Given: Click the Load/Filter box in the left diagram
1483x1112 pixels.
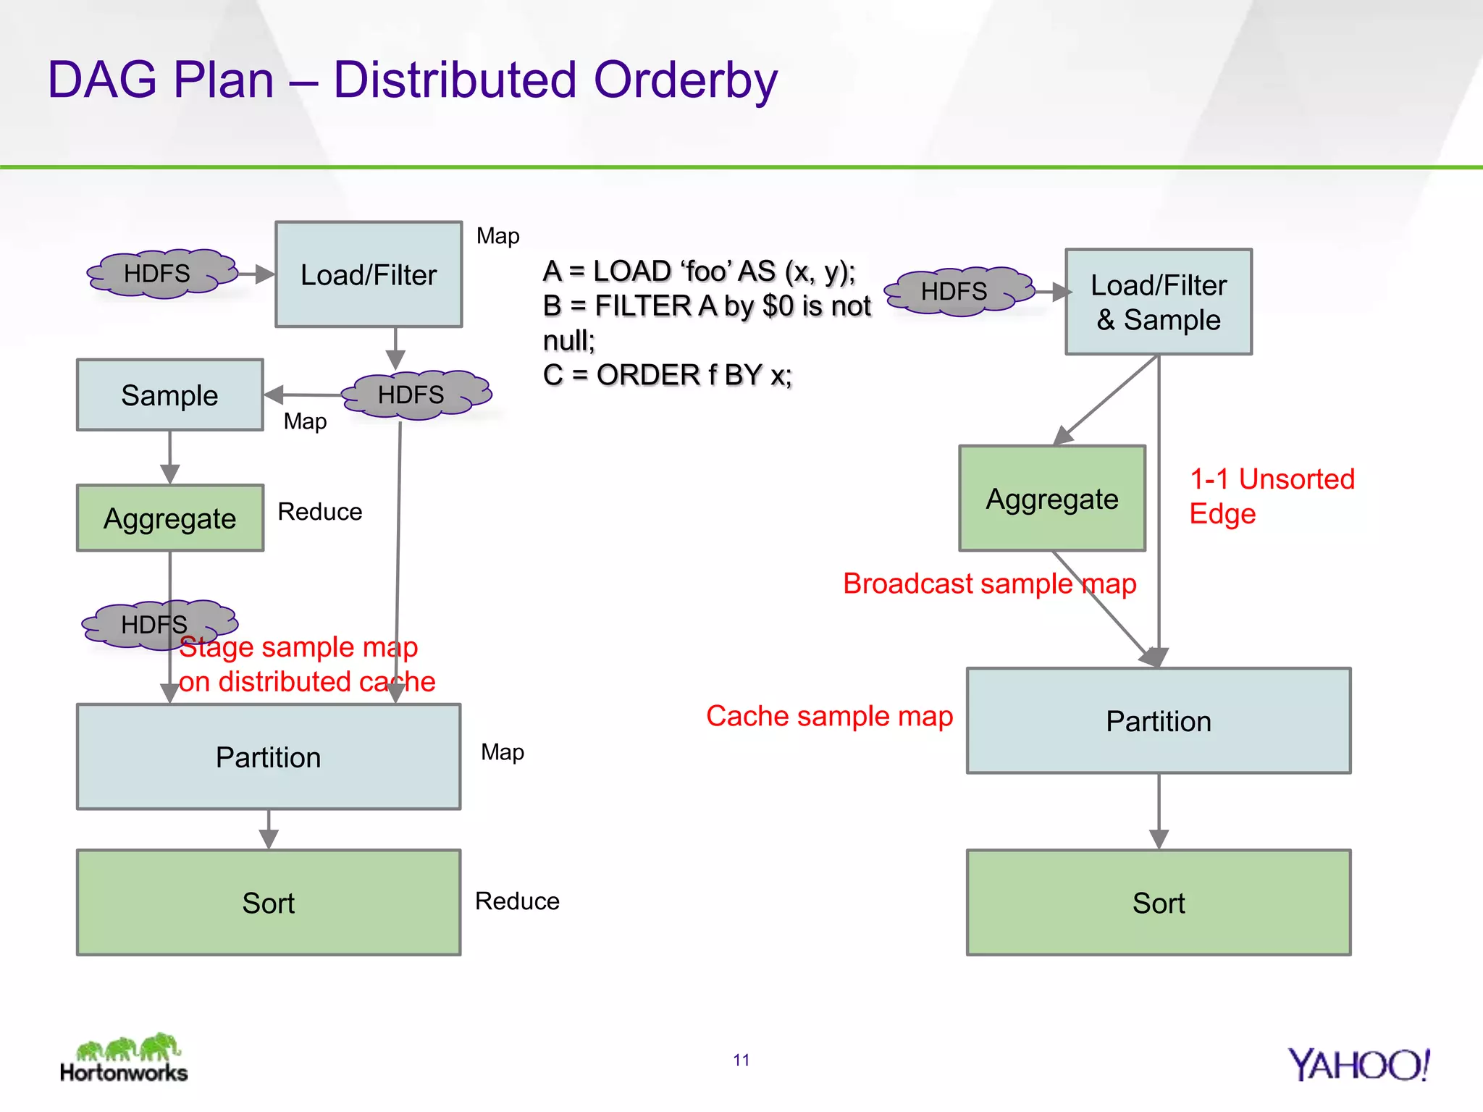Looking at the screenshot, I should pyautogui.click(x=369, y=274).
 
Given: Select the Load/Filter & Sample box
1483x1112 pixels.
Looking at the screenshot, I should pyautogui.click(x=1158, y=302).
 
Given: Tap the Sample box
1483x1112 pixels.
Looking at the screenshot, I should pyautogui.click(x=169, y=395).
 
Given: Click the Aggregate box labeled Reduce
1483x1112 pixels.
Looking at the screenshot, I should pyautogui.click(x=169, y=518).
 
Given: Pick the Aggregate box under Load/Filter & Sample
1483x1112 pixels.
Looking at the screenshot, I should pyautogui.click(x=1051, y=499).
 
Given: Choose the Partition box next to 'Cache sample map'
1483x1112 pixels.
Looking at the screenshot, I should pyautogui.click(x=1158, y=721).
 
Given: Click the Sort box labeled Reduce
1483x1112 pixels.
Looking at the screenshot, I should pyautogui.click(x=268, y=903).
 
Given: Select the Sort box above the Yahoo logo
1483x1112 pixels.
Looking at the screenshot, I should pyautogui.click(x=1158, y=903).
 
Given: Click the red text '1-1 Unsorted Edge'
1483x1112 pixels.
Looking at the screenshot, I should pyautogui.click(x=1271, y=496).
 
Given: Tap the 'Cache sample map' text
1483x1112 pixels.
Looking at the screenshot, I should pyautogui.click(x=829, y=716).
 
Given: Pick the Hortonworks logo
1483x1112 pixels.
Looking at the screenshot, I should pyautogui.click(x=125, y=1058).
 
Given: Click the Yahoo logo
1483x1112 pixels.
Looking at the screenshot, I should pyautogui.click(x=1358, y=1065).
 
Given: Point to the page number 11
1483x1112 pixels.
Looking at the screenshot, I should pyautogui.click(x=741, y=1060).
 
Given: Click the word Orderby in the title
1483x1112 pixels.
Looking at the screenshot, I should pyautogui.click(x=685, y=80).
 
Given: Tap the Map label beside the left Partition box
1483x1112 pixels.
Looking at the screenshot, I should pyautogui.click(x=502, y=752).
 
